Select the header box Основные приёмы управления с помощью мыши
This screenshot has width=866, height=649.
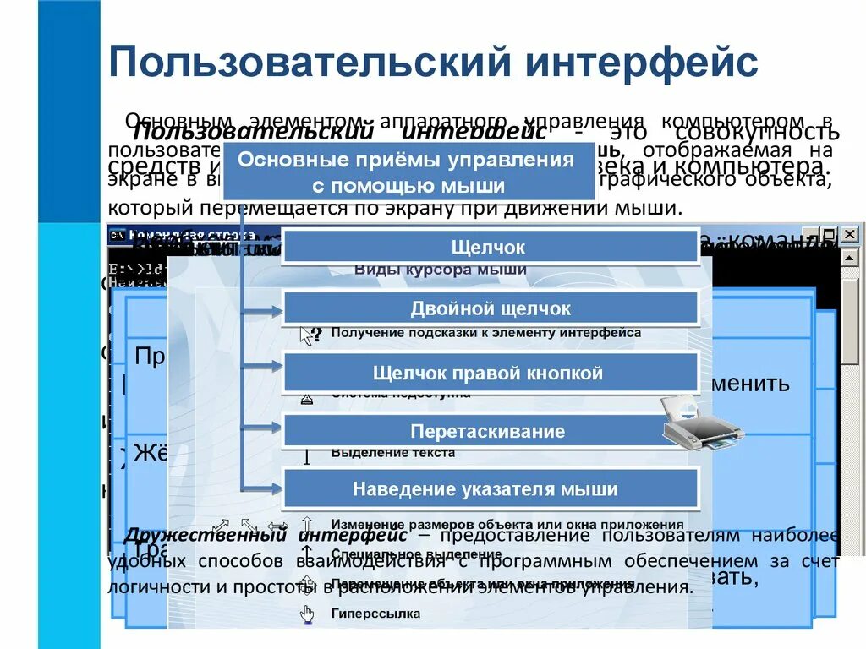(407, 173)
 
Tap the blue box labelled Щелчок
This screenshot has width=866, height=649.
(490, 248)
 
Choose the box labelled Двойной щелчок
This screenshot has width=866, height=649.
(490, 309)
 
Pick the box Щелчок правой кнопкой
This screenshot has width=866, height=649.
(490, 373)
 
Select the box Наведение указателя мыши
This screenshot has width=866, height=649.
(490, 489)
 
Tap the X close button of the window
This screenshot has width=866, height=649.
(848, 234)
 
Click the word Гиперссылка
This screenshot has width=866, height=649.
(375, 614)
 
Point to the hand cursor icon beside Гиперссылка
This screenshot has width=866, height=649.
(306, 614)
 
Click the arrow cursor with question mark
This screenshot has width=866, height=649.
(310, 335)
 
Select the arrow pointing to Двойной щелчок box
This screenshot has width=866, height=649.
(263, 312)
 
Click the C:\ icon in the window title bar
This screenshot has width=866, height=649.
(118, 234)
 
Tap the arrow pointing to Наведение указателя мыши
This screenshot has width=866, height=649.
(263, 488)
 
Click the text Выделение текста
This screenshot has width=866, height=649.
(392, 453)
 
